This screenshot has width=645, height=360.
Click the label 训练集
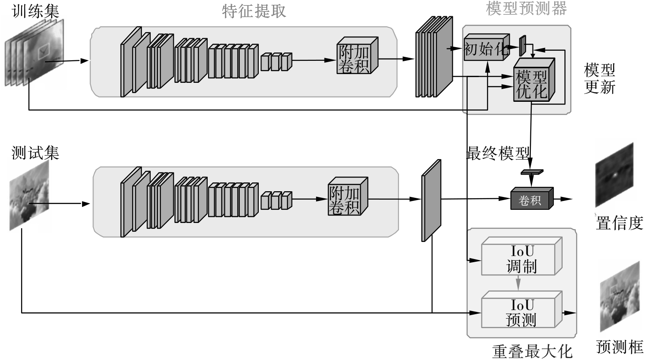click(36, 11)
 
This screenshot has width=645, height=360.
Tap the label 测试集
click(35, 153)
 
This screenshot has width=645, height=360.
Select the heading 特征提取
click(254, 11)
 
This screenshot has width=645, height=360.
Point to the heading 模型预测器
click(526, 8)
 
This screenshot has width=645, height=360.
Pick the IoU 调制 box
click(521, 259)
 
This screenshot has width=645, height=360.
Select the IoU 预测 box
click(521, 312)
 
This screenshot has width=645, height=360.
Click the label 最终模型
click(497, 153)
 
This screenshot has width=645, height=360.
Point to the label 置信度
click(619, 223)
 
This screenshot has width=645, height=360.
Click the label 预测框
click(619, 347)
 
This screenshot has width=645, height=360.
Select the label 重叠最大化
click(532, 351)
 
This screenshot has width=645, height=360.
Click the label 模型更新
click(599, 78)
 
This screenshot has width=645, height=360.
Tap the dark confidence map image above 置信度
click(614, 175)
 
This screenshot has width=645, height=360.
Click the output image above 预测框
click(619, 296)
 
